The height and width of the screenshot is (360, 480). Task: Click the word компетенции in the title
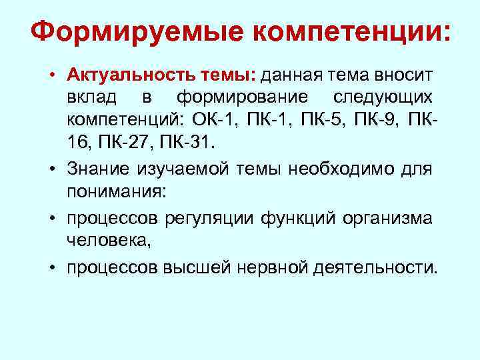pos(340,31)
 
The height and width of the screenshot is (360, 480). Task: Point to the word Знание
pos(97,169)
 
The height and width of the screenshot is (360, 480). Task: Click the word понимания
pos(118,191)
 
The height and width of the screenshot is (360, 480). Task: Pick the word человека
pos(109,240)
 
